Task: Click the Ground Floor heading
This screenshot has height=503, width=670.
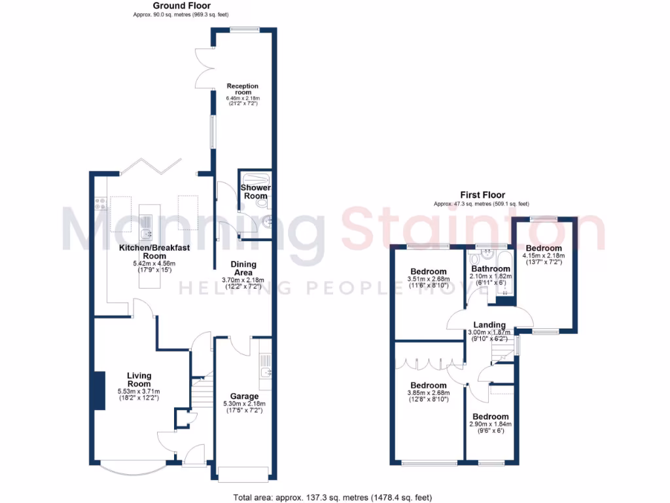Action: (173, 5)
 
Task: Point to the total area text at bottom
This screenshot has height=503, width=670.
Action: (332, 497)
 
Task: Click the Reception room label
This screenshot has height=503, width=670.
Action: (243, 89)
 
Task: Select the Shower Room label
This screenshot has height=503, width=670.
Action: (255, 192)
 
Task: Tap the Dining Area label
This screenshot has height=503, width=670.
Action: (243, 269)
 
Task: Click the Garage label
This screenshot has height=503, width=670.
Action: (244, 396)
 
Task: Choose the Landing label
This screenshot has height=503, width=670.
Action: (489, 325)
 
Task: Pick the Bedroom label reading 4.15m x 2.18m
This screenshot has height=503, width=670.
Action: (544, 248)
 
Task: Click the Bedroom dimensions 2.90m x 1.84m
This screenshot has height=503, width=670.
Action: (491, 424)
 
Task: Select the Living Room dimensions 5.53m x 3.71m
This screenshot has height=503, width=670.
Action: (139, 390)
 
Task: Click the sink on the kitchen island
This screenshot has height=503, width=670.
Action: (146, 231)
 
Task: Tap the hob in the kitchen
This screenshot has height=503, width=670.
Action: (101, 203)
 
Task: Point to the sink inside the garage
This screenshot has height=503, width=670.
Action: (266, 373)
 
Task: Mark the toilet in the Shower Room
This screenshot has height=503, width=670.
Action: (264, 204)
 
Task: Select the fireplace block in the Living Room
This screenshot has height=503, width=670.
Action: (99, 390)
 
